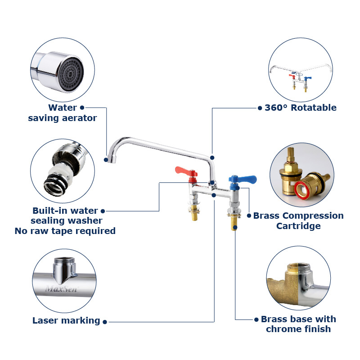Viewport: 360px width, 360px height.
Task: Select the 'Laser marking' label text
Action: [x=66, y=320]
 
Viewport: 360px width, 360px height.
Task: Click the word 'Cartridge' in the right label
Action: [x=298, y=226]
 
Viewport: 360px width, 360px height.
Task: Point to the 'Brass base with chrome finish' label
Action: [x=298, y=324]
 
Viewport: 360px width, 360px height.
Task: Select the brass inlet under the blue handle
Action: [x=234, y=223]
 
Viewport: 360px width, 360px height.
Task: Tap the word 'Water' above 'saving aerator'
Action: [x=63, y=108]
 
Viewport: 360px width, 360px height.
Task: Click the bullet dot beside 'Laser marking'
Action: [x=105, y=321]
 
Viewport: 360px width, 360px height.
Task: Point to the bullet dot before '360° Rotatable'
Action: [x=260, y=108]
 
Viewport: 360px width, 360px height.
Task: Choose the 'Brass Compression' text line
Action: [x=298, y=216]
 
